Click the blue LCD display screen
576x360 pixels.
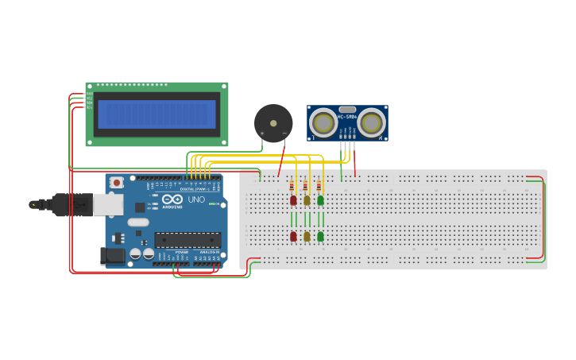(x=156, y=114)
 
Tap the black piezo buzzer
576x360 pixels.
(x=273, y=123)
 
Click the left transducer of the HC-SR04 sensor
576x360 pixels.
(x=323, y=122)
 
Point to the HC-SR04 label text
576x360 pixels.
(x=347, y=117)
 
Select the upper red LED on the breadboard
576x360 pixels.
(x=293, y=200)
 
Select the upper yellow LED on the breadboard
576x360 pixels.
(x=307, y=200)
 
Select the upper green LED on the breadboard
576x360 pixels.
(x=320, y=200)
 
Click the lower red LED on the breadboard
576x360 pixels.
(x=293, y=236)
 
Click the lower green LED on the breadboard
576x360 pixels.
(x=320, y=236)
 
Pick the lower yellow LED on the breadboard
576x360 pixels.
(x=307, y=236)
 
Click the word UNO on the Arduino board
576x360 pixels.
(x=196, y=199)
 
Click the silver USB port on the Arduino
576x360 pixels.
(x=107, y=204)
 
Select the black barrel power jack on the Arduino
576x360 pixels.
(x=110, y=255)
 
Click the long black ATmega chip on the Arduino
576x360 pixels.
(x=187, y=240)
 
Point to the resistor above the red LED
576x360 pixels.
(x=292, y=188)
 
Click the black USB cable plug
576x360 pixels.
(x=72, y=204)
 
